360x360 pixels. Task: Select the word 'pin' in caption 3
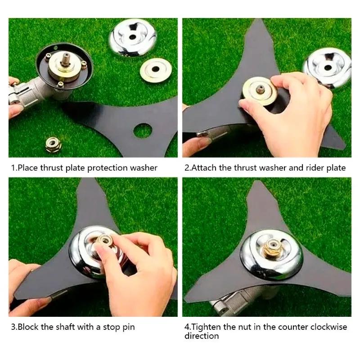pyautogui.click(x=128, y=327)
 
